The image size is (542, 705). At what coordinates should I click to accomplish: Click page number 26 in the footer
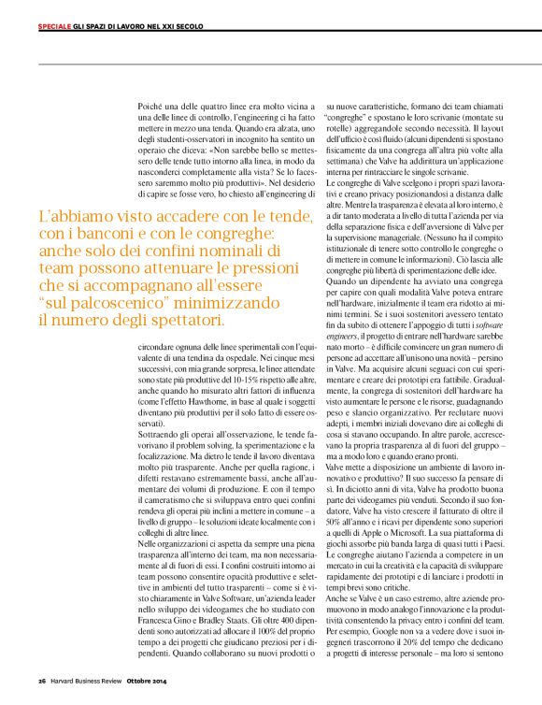click(42, 678)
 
